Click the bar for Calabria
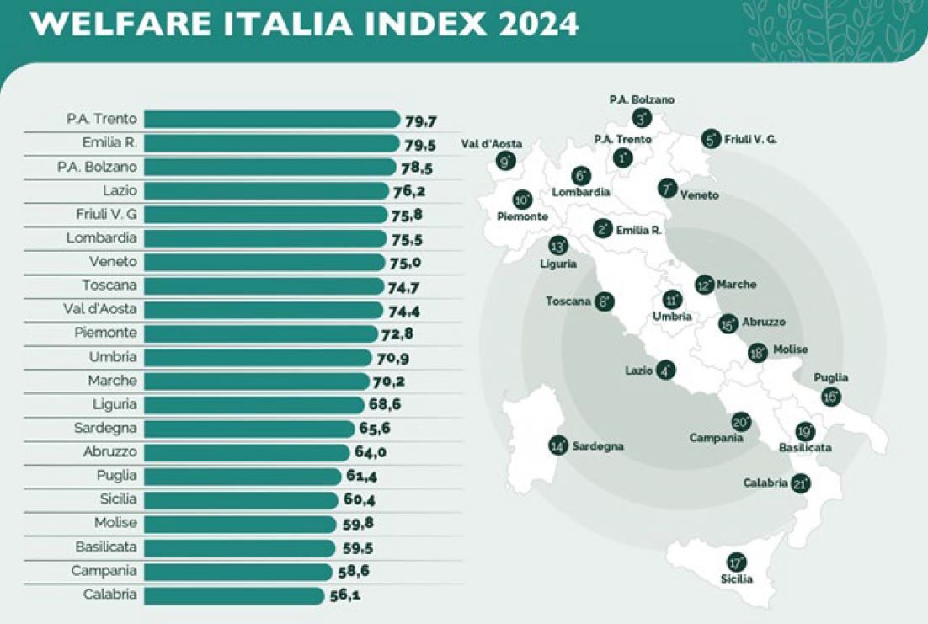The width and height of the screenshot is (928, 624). (240, 595)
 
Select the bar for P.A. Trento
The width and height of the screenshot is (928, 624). (277, 119)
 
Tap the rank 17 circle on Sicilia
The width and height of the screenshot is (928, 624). (737, 563)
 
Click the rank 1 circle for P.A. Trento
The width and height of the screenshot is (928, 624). (623, 157)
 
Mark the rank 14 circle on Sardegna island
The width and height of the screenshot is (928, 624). (557, 446)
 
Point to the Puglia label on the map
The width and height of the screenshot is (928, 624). (831, 378)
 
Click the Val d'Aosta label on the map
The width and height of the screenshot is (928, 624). (492, 144)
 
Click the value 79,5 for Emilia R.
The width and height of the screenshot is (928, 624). (420, 143)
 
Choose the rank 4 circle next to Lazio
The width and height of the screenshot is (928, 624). (666, 370)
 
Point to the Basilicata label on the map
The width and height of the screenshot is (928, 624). (805, 448)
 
